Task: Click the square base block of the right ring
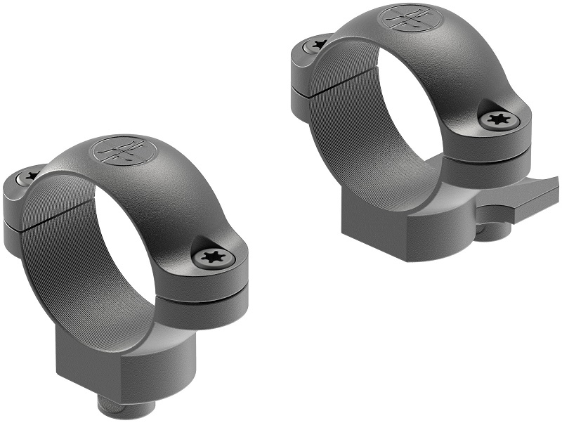tap(393, 228)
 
